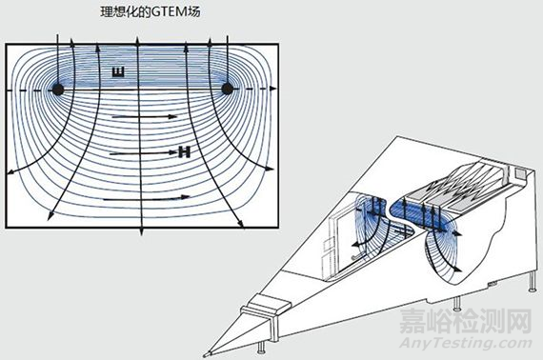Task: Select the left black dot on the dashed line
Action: [x=57, y=89]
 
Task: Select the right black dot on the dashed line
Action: [x=228, y=89]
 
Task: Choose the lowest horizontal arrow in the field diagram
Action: [x=151, y=198]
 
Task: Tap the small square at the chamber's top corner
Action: [x=518, y=174]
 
